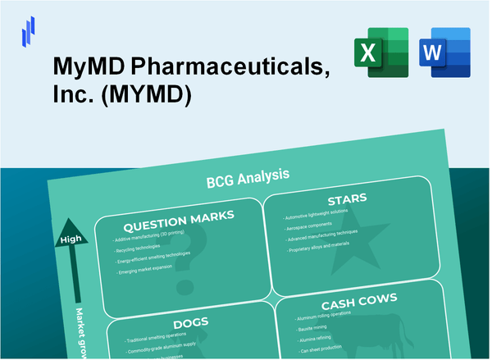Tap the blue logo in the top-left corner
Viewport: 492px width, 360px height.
point(30,31)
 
